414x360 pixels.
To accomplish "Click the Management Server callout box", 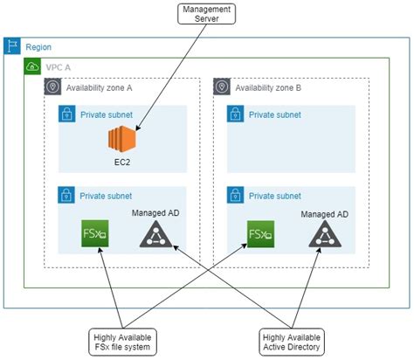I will pyautogui.click(x=206, y=14).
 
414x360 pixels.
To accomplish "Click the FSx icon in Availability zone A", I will pyautogui.click(x=93, y=234).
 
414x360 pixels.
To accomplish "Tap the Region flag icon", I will pyautogui.click(x=12, y=47).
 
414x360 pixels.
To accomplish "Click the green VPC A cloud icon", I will pyautogui.click(x=32, y=66).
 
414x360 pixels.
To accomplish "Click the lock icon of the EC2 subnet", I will pyautogui.click(x=66, y=114).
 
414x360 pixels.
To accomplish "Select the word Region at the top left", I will pyautogui.click(x=39, y=47).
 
